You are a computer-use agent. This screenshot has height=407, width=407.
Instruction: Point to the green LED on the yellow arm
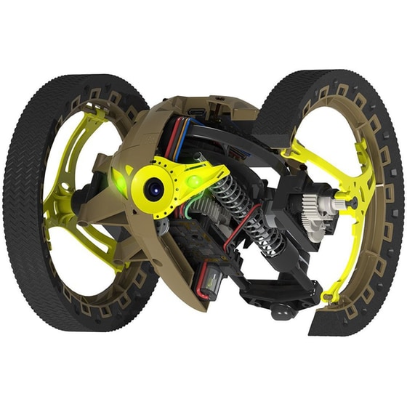(x=193, y=180)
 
